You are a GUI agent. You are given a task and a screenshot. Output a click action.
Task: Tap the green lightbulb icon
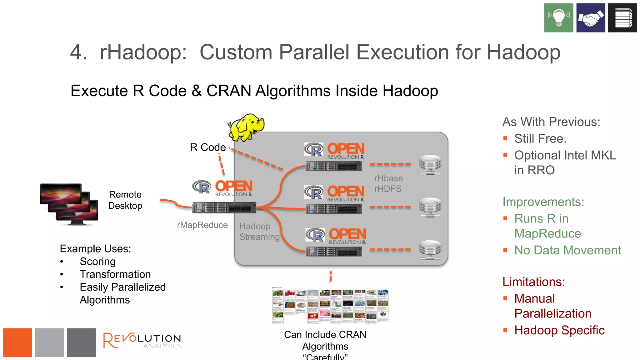pos(558,18)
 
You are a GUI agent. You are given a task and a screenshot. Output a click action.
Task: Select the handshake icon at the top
pos(591,18)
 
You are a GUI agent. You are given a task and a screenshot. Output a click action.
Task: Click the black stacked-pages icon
pos(622,18)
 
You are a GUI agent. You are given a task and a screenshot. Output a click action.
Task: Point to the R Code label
pos(207,147)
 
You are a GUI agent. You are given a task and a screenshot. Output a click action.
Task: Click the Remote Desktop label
pos(125,200)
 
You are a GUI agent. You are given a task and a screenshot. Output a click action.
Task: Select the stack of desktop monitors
pos(69,204)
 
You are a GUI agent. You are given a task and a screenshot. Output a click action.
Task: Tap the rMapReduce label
pos(202,225)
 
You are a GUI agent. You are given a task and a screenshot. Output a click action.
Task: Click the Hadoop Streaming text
pos(259,232)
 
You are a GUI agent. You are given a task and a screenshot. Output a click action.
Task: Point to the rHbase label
pos(388,178)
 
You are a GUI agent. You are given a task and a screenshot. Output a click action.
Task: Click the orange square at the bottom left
pos(17,342)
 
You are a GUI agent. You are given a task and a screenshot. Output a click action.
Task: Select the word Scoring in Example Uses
pos(97,262)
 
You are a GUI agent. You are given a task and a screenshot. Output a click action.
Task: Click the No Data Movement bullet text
pos(567,250)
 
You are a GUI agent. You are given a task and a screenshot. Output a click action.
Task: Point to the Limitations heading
pos(533,282)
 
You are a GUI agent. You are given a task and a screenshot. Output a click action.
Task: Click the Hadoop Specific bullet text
pos(559,330)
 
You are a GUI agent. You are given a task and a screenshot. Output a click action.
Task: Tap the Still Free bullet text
pos(540,138)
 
